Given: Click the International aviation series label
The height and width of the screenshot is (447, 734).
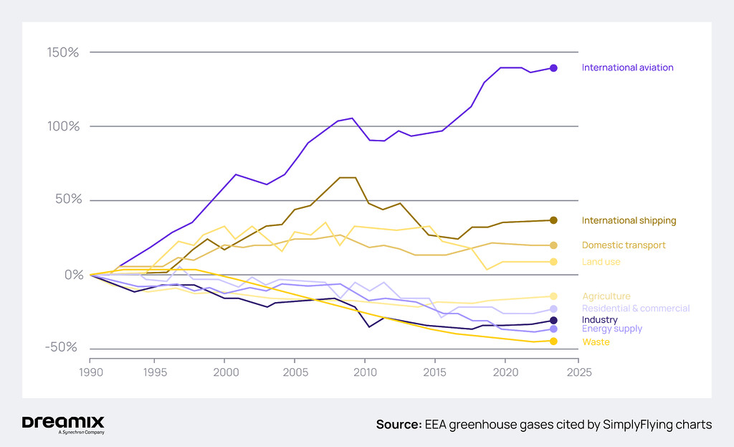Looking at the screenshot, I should point(627,67).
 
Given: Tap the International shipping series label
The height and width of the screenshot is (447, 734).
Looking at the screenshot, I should point(629,220).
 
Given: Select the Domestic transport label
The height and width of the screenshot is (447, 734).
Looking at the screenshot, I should point(624,245).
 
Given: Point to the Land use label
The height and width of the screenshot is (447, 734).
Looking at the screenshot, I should point(601,262).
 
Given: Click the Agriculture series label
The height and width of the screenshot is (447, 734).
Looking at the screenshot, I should point(606,296).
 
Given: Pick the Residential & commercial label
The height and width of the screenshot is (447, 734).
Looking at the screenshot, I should point(635,309).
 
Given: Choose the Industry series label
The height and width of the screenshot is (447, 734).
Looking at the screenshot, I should point(599,320).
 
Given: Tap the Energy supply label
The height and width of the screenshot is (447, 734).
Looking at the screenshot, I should point(611,329).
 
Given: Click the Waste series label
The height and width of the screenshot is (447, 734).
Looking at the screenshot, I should point(596,342).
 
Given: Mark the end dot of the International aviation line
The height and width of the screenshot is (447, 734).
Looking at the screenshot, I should point(553,68).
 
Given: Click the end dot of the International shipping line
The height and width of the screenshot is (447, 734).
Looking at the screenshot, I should point(553,220).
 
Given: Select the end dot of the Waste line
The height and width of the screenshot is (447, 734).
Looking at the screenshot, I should point(553,341).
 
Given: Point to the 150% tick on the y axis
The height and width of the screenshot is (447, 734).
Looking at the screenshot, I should point(63,52).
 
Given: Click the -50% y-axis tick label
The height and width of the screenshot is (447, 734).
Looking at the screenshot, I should point(62,347).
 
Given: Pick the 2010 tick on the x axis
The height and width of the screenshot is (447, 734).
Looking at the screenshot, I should point(365,372).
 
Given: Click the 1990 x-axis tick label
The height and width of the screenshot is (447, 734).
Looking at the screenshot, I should point(90,372).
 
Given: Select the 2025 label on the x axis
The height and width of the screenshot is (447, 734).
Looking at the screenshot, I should point(578,372).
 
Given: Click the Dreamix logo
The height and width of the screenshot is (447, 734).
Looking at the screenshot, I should point(63,423).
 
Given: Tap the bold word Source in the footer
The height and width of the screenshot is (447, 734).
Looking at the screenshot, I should point(398,425).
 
